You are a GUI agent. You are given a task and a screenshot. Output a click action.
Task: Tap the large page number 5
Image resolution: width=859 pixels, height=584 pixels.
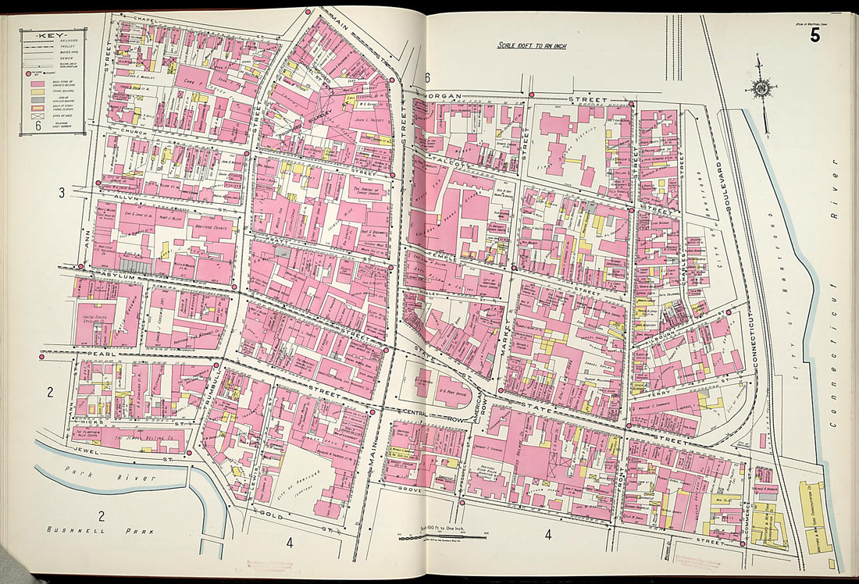click(814, 35)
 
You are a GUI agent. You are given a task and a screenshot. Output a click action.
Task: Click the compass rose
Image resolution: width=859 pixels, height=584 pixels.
click(758, 87)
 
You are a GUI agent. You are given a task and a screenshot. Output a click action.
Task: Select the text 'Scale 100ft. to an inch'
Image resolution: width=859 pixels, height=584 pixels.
click(532, 45)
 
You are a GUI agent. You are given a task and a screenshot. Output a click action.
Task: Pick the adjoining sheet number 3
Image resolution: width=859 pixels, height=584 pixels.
click(60, 192)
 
